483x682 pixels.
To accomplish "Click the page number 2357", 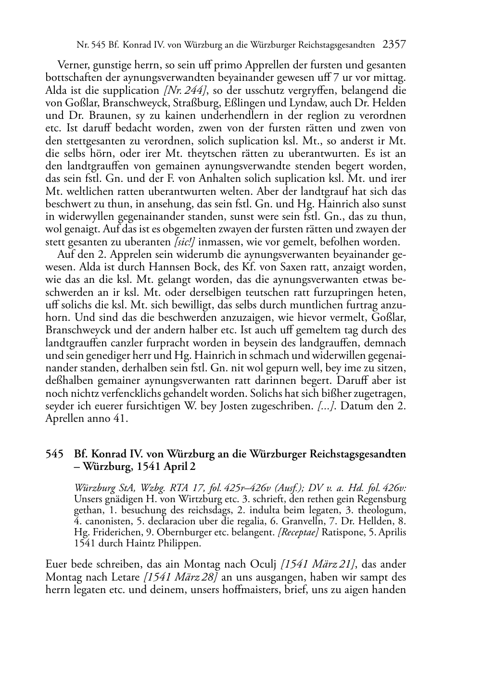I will pos(394,45).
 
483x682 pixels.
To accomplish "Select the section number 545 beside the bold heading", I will pos(54,454).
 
